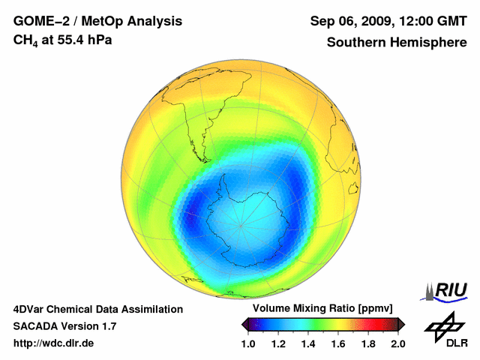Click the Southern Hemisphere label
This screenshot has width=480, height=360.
[396, 42]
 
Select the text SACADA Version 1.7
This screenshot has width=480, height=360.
[64, 326]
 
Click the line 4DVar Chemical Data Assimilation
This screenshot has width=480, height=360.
[97, 309]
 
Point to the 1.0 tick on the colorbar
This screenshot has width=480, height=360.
[248, 343]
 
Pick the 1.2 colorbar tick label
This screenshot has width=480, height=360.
[278, 343]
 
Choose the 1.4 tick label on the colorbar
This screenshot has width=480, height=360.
[308, 343]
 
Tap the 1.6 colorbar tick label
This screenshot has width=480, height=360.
[338, 343]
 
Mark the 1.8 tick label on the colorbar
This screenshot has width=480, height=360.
[367, 343]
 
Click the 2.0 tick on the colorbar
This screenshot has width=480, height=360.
[397, 343]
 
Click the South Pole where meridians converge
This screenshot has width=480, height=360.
[240, 223]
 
